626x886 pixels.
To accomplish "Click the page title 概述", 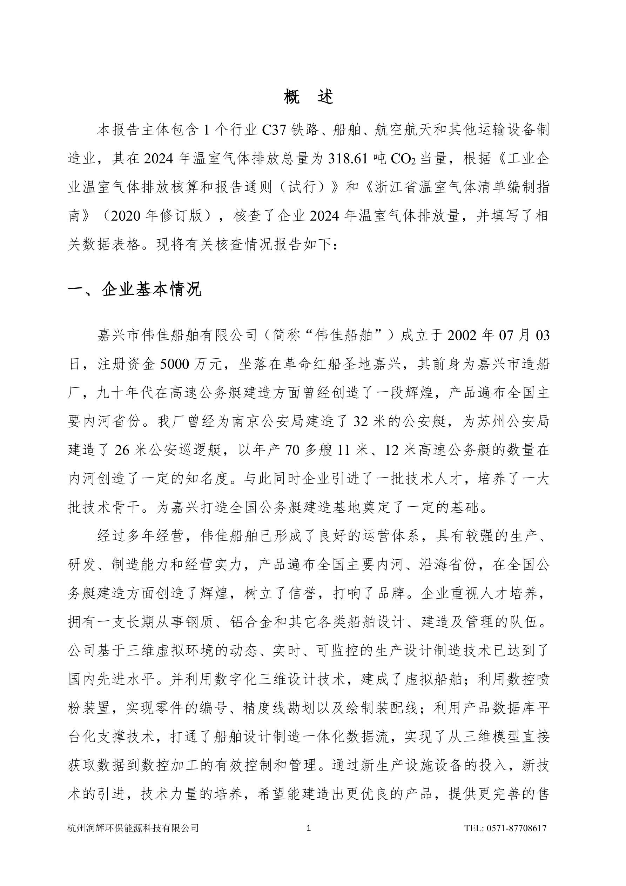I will pyautogui.click(x=308, y=96).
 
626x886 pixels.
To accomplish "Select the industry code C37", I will pyautogui.click(x=274, y=131).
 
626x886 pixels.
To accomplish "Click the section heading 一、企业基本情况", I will pyautogui.click(x=135, y=289).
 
